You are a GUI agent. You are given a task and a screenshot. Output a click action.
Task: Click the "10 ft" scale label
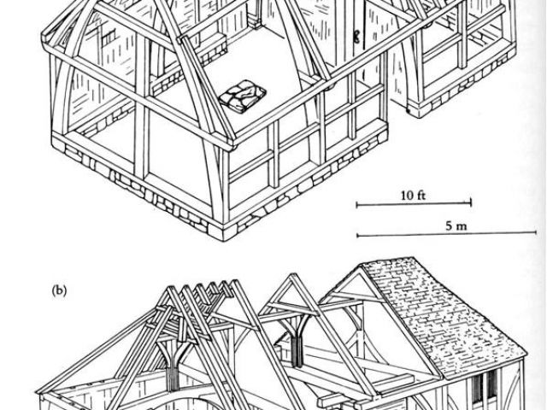click(x=413, y=196)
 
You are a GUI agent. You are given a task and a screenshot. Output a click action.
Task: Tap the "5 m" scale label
click(x=453, y=226)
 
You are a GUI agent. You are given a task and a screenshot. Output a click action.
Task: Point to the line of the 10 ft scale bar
click(x=414, y=203)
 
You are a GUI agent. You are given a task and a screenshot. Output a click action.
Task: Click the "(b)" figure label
click(x=59, y=290)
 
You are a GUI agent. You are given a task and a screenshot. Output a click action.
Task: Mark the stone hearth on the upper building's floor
click(x=242, y=96)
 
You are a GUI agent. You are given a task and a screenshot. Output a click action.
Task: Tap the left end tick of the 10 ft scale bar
click(x=357, y=203)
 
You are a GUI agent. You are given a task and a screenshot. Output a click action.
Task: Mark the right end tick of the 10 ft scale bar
click(x=471, y=203)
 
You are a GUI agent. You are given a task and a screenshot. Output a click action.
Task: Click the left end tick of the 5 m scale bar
click(x=357, y=235)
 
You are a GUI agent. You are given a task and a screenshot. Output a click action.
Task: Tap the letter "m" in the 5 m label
click(x=459, y=226)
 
